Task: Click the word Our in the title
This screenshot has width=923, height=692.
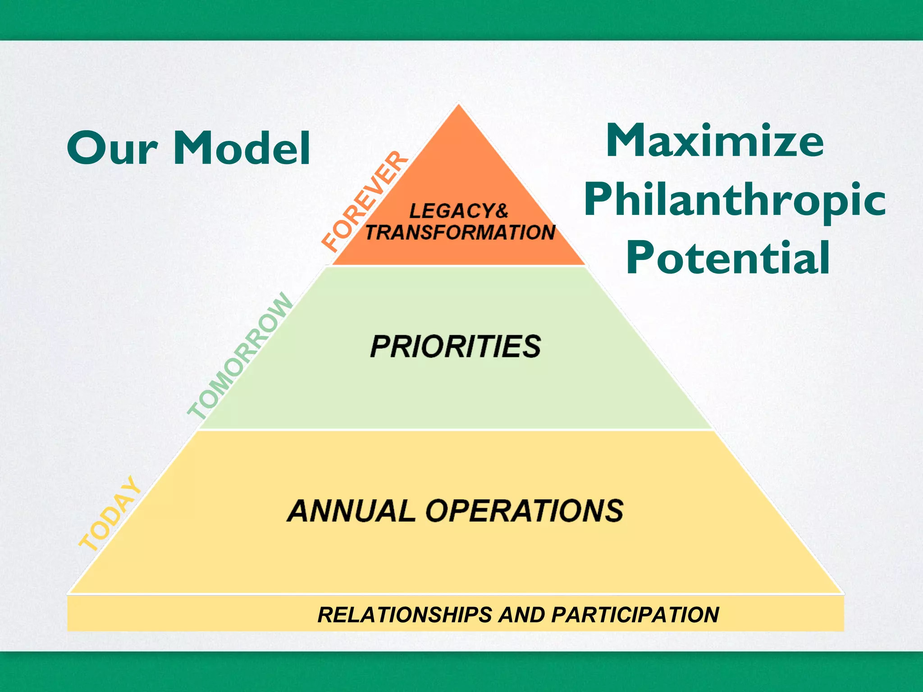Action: pos(112,148)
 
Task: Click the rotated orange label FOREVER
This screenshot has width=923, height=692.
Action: pos(365,201)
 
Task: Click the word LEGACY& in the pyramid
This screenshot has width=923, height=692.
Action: pos(458,211)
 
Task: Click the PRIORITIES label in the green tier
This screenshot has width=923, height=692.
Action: pos(455,346)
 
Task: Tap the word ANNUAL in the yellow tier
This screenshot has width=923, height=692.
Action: pos(351,511)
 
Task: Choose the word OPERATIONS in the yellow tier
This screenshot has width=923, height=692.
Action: pos(524,511)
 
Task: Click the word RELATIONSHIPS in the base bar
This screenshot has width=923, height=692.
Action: pos(404,615)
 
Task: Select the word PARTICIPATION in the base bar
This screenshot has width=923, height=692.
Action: pos(635,615)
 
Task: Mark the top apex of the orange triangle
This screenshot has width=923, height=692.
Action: pos(458,105)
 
